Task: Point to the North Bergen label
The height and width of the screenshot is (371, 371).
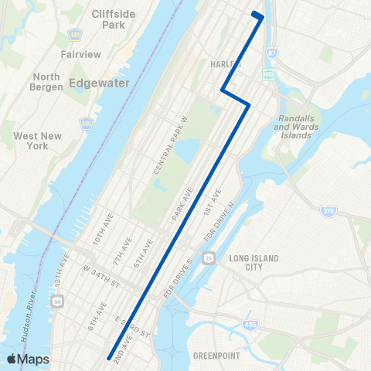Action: tap(47, 82)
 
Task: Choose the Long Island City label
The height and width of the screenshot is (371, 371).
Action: tap(252, 263)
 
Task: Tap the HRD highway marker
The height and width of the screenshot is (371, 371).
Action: tap(269, 74)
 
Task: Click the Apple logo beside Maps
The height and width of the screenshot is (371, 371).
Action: tap(12, 359)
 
